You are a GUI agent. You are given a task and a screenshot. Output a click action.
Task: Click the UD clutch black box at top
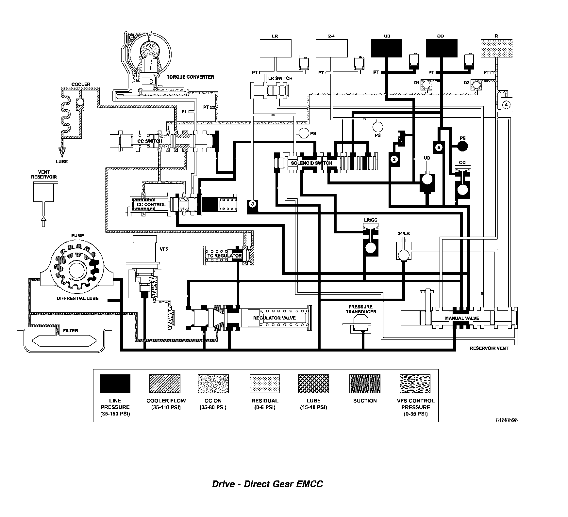[387, 48]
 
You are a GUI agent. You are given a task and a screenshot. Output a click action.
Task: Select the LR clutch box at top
[275, 48]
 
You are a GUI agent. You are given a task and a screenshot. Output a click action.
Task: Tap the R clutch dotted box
[496, 48]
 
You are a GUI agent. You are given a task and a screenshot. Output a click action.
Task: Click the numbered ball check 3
[252, 204]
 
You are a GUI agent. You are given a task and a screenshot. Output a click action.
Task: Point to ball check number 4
[506, 104]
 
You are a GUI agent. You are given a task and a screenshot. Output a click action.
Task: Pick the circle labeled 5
[439, 147]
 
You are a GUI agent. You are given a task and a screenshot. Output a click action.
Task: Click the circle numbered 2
[394, 159]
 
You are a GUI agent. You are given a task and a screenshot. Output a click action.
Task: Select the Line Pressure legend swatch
[115, 384]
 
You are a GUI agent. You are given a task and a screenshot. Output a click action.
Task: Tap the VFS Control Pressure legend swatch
[415, 384]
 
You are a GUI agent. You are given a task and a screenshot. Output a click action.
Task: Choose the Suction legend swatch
[365, 384]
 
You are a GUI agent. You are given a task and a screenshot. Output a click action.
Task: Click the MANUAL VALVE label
[462, 318]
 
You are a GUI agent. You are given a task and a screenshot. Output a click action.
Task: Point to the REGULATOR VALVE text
[274, 318]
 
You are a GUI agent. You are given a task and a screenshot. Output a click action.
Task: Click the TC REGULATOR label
[225, 256]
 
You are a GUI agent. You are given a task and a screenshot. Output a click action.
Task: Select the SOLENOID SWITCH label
[311, 163]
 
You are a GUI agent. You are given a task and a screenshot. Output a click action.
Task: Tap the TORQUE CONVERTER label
[190, 77]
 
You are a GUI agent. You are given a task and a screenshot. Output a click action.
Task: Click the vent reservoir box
[43, 192]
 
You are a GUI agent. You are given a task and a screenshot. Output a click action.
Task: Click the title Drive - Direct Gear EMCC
[267, 483]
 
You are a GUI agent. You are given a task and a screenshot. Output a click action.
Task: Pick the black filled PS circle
[462, 147]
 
